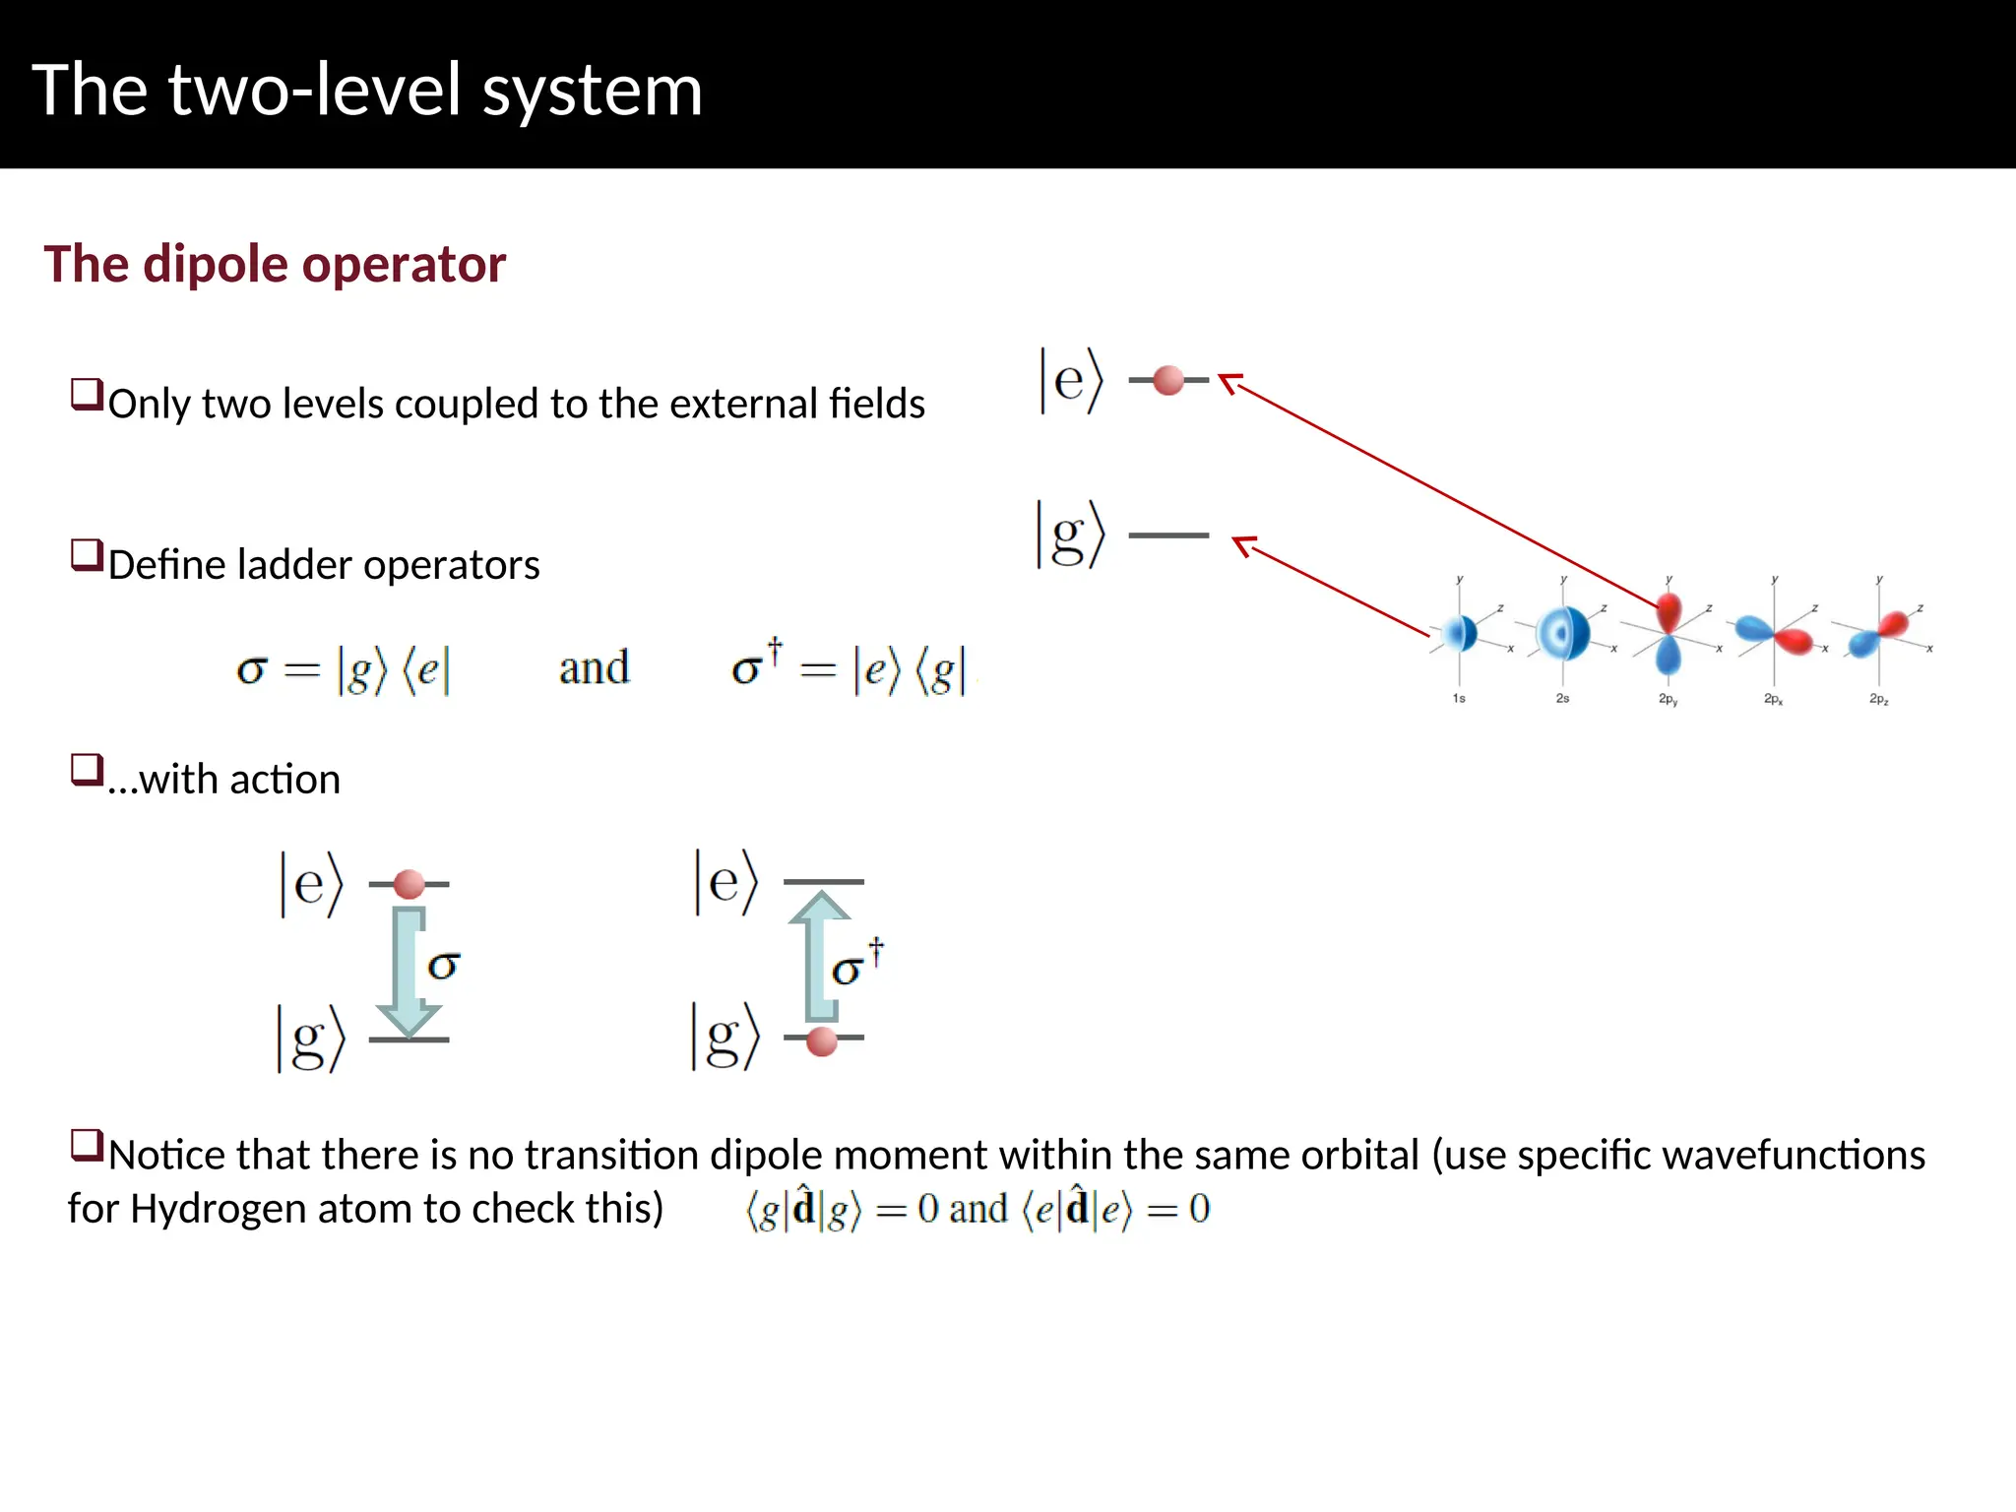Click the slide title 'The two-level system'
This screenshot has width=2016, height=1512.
click(367, 91)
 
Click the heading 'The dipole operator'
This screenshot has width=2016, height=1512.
click(275, 264)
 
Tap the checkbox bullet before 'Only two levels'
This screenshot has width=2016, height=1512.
click(87, 395)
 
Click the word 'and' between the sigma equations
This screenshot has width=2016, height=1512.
click(594, 668)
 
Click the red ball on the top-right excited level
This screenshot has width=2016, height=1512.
click(1167, 380)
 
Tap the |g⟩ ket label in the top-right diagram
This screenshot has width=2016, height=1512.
click(1070, 535)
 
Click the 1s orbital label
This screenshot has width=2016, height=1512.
click(1459, 698)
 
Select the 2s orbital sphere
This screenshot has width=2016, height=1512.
click(1563, 633)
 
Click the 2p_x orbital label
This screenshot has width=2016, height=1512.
click(1773, 699)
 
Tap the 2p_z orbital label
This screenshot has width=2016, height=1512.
click(1878, 699)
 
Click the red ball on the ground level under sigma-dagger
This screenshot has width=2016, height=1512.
click(821, 1040)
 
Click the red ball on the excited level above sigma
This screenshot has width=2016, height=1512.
click(409, 884)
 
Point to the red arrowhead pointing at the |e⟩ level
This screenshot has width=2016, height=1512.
click(1228, 380)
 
